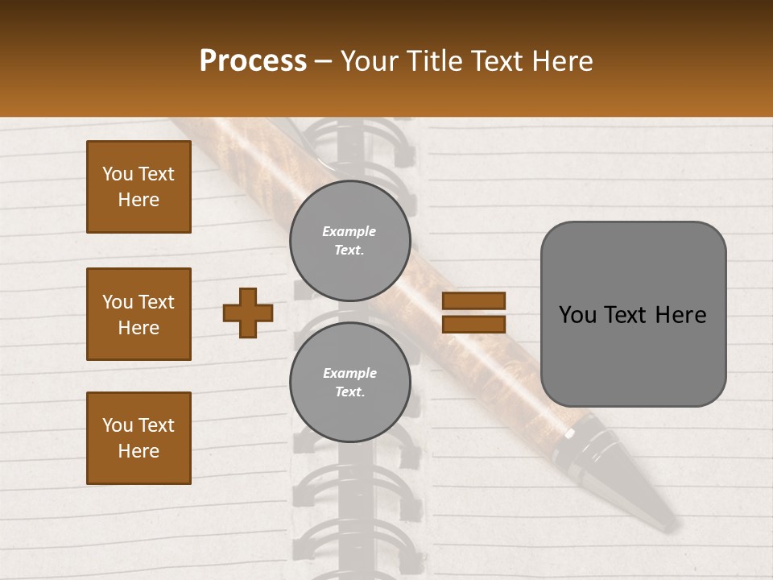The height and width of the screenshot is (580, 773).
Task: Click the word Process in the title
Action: (253, 61)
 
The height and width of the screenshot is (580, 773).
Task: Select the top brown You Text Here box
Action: (138, 187)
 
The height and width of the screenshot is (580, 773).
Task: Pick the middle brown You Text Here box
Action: (138, 314)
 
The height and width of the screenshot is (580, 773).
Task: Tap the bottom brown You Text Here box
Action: (138, 438)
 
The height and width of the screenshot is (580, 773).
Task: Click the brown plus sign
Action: (248, 313)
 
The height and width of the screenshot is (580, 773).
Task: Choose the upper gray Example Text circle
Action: (349, 241)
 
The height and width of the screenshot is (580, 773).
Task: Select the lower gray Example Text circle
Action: (349, 383)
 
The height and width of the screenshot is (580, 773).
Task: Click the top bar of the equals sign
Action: (473, 301)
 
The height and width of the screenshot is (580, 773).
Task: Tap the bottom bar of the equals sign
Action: (473, 324)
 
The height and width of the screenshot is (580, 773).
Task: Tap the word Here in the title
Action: (564, 61)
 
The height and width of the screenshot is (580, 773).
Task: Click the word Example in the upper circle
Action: (349, 231)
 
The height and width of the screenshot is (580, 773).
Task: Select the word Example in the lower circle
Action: (349, 373)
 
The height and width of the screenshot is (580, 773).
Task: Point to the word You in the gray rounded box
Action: (577, 315)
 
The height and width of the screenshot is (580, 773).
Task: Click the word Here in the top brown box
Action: (138, 200)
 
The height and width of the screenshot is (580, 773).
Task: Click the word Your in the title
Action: (372, 61)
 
